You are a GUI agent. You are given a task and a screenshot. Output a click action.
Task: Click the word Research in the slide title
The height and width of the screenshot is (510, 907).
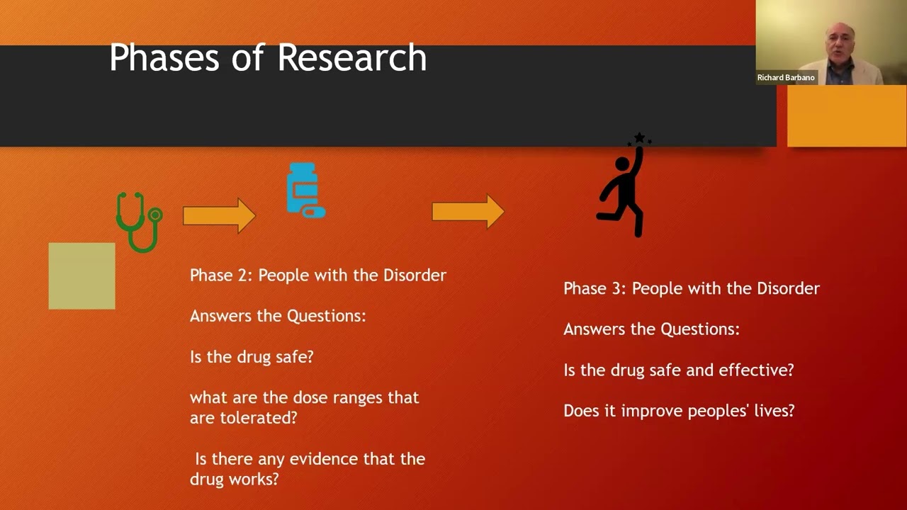pyautogui.click(x=351, y=57)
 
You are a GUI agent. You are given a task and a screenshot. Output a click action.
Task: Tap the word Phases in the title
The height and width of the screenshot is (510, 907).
pyautogui.click(x=164, y=57)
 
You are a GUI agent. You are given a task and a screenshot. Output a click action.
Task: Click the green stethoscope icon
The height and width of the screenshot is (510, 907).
pyautogui.click(x=140, y=222)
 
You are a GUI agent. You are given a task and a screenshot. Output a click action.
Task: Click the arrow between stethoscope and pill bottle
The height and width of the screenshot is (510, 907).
pyautogui.click(x=219, y=215)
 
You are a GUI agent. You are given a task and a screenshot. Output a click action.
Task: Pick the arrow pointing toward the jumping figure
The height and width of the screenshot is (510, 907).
pyautogui.click(x=468, y=212)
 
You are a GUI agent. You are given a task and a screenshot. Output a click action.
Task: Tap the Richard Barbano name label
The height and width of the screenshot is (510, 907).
pyautogui.click(x=786, y=77)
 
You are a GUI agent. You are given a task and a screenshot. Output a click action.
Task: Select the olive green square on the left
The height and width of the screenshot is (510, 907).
pyautogui.click(x=81, y=276)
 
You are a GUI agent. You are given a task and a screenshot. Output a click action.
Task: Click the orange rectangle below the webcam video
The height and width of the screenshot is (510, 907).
pyautogui.click(x=846, y=115)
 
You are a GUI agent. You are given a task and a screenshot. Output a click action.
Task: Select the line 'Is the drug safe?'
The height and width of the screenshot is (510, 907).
pyautogui.click(x=252, y=357)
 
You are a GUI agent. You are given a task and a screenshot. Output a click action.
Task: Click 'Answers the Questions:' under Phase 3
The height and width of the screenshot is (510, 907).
pyautogui.click(x=651, y=329)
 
